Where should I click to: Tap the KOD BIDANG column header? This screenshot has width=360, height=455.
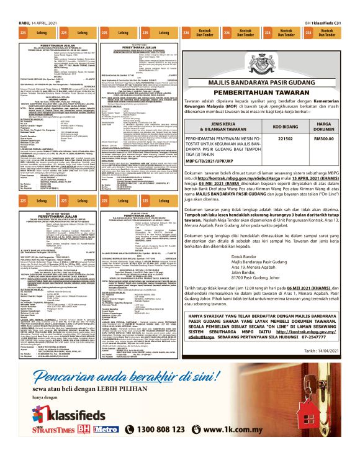pyautogui.click(x=285, y=128)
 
